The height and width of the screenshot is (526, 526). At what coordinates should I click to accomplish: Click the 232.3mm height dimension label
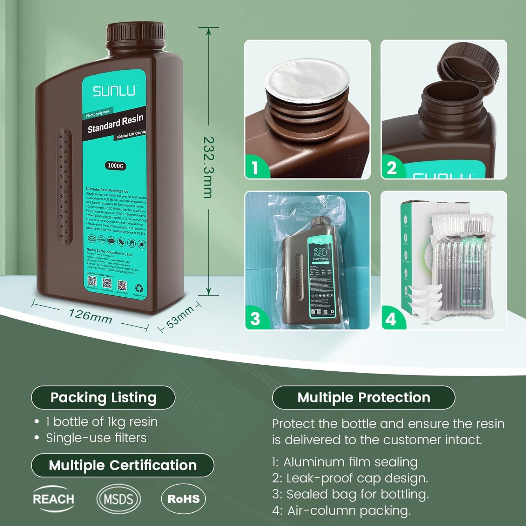click(208, 167)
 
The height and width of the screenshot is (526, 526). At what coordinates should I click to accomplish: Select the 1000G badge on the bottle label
click(115, 166)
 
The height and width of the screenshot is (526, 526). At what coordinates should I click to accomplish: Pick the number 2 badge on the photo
click(392, 168)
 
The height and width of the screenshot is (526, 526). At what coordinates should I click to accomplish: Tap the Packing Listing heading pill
click(103, 397)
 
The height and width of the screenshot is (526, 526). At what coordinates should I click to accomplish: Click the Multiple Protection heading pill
click(364, 397)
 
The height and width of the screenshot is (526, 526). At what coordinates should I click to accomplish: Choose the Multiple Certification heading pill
click(122, 465)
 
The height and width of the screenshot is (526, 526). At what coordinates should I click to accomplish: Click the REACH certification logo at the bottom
click(53, 499)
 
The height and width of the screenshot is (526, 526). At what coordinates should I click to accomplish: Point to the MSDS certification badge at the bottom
click(119, 499)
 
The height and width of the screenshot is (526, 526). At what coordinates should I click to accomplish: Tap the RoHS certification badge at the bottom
click(183, 499)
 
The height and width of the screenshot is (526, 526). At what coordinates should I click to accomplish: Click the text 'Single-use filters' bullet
click(96, 438)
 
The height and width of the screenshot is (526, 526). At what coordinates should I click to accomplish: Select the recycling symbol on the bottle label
click(140, 288)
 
